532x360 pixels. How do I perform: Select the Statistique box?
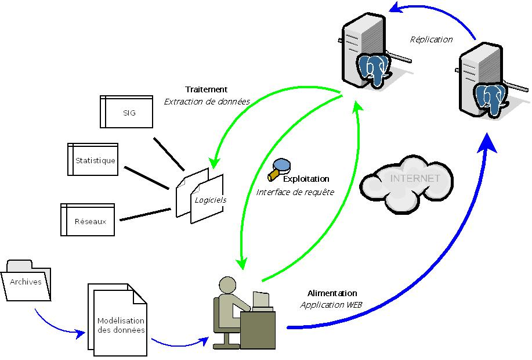[x=93, y=160]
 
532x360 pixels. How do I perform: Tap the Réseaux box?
[x=88, y=220]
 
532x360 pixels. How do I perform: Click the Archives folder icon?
[x=27, y=282]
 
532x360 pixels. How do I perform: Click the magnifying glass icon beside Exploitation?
[x=279, y=168]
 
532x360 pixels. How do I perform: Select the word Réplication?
[x=430, y=39]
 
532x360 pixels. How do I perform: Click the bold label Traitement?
[x=206, y=89]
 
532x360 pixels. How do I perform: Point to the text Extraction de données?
[x=207, y=101]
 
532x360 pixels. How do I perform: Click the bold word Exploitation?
[x=306, y=179]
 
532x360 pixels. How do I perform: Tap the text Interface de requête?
[x=295, y=192]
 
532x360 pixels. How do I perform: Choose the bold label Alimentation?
[x=332, y=293]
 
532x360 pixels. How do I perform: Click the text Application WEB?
[x=331, y=304]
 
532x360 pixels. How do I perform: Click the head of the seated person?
[x=227, y=285]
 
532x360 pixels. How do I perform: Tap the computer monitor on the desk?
[x=262, y=300]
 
